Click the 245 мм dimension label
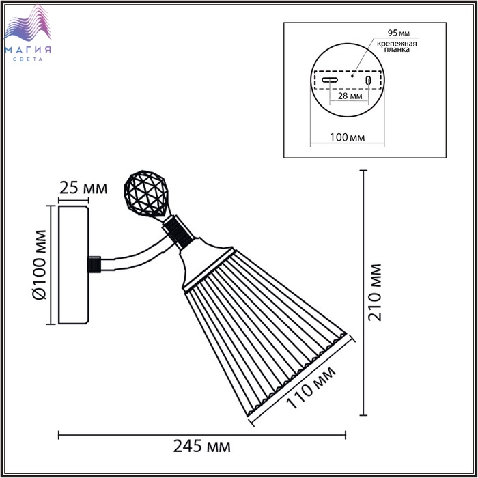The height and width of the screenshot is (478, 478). (x=202, y=447)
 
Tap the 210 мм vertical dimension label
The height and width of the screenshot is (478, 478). (x=375, y=293)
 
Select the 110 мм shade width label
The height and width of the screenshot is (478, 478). (x=311, y=387)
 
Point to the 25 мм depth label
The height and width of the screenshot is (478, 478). (x=83, y=188)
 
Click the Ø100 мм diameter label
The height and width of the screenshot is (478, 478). (x=40, y=265)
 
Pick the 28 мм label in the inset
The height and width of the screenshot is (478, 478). (x=350, y=96)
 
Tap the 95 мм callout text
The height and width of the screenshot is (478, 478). (x=398, y=33)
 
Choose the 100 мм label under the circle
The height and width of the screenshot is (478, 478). (x=347, y=137)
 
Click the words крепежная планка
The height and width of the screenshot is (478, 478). (x=397, y=46)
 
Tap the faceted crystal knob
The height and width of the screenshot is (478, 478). (x=146, y=194)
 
